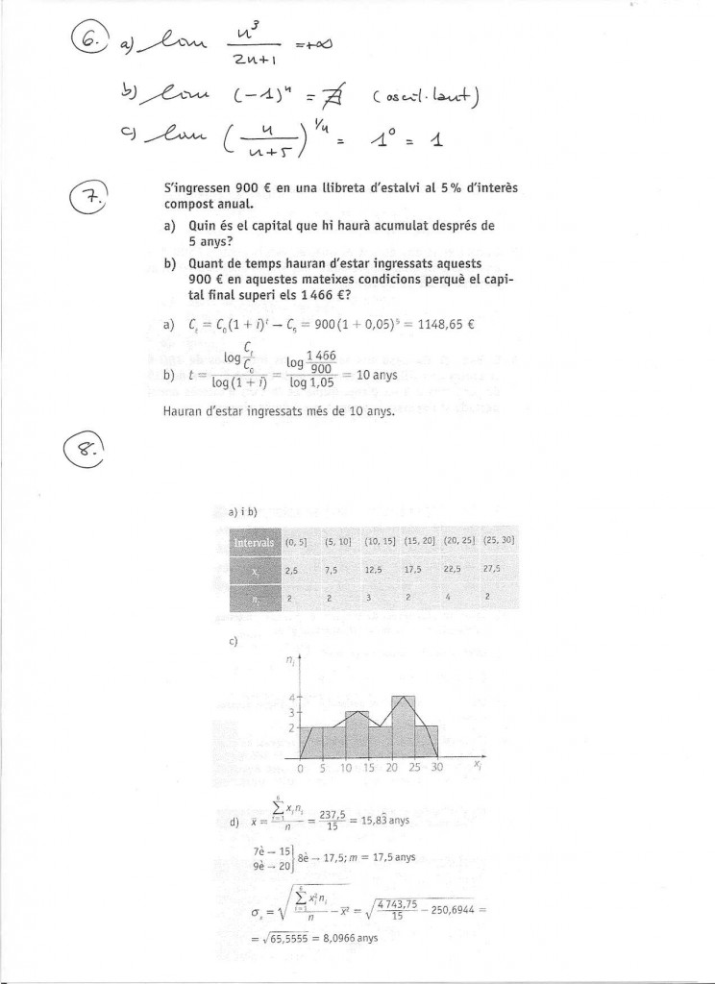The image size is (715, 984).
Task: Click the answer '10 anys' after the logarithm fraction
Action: pyautogui.click(x=377, y=375)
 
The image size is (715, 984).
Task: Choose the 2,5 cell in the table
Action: pyautogui.click(x=292, y=570)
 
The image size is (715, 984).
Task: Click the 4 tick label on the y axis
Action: pyautogui.click(x=293, y=695)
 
